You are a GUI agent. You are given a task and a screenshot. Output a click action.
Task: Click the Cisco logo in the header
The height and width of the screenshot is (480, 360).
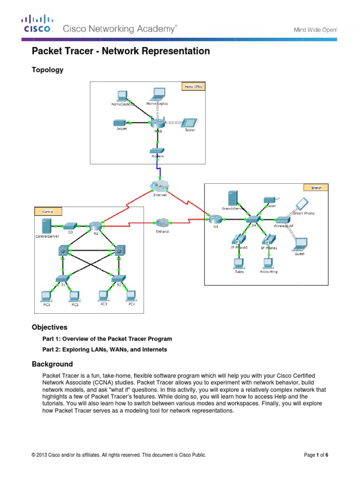coord(37,23)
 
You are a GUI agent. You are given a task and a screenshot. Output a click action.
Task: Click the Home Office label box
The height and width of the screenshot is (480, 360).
coord(193,87)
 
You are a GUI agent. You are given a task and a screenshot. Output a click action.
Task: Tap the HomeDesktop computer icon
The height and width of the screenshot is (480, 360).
coord(123,96)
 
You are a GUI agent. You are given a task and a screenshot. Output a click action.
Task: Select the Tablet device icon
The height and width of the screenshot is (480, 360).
coord(189,122)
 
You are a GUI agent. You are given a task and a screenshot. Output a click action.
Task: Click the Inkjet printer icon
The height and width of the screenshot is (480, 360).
coord(121,123)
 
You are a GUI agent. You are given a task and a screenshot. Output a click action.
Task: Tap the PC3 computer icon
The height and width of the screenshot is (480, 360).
coord(104,295)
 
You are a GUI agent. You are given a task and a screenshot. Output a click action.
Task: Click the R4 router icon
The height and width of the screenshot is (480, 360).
coord(216,219)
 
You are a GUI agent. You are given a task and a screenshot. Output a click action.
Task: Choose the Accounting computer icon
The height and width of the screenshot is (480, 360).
coord(268,262)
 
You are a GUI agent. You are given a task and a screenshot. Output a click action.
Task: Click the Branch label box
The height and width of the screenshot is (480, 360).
coord(316,187)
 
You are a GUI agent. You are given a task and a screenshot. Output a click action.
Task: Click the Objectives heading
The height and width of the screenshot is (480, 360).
coord(49,327)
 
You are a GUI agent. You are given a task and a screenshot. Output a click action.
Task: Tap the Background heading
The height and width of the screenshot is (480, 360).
coord(52,364)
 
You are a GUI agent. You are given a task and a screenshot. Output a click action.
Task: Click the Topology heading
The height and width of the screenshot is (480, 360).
coord(47,70)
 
